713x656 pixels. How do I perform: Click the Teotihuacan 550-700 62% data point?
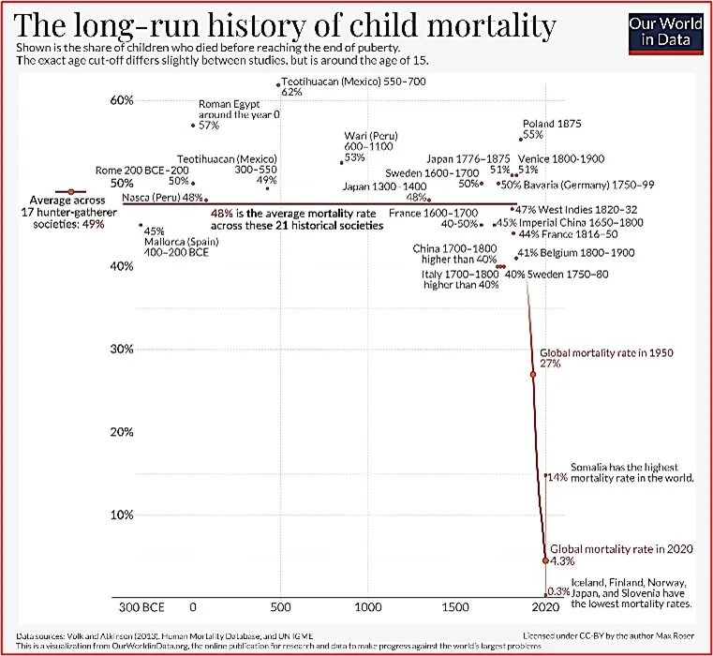pos(278,84)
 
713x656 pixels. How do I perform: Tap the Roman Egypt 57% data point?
pos(193,125)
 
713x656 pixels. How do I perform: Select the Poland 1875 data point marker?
pos(520,141)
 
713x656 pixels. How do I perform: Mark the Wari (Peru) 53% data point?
pos(342,162)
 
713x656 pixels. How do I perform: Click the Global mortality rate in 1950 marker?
pos(533,374)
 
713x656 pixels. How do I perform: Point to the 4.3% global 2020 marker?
pos(545,560)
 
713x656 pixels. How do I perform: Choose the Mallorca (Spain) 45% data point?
pos(141,225)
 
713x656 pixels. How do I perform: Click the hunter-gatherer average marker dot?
pos(69,191)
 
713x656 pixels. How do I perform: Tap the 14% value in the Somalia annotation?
pos(557,477)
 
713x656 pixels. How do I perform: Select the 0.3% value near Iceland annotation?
pos(559,591)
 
